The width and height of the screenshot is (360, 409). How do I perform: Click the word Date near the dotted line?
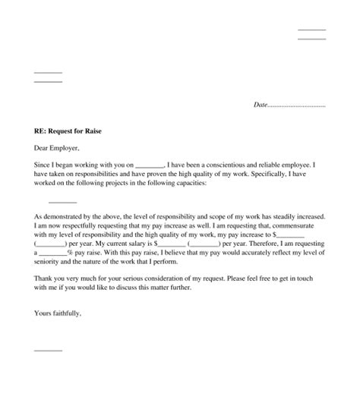coord(261,105)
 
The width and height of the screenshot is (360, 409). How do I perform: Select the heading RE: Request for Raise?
coord(68,131)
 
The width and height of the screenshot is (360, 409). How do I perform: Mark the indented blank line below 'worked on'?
coord(62,203)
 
